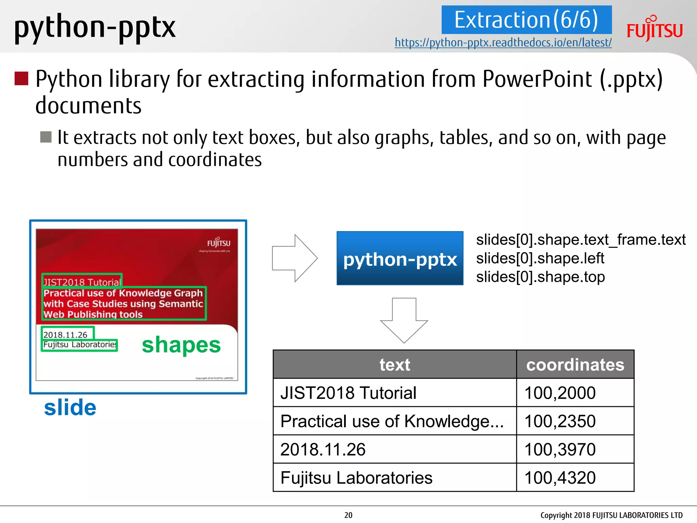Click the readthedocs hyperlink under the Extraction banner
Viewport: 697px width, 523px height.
503,43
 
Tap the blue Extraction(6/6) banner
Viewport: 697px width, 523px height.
526,20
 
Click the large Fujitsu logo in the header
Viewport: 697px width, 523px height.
654,29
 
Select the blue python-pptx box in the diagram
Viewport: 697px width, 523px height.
400,258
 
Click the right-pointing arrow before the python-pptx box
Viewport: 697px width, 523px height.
295,258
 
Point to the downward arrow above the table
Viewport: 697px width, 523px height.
404,320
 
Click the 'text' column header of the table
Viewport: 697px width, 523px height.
395,365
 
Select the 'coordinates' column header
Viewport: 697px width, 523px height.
575,365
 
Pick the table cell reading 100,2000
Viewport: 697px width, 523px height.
575,393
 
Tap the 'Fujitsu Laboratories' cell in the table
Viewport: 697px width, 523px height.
395,477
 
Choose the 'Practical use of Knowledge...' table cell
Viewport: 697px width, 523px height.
395,421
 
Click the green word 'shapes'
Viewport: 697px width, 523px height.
181,345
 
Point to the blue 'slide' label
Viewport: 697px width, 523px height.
70,408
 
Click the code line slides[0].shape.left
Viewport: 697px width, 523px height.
540,258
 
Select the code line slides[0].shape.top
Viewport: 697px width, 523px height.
540,277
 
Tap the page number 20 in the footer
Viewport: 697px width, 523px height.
348,515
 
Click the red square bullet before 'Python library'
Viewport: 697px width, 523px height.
21,78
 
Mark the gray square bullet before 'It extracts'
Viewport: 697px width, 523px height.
46,137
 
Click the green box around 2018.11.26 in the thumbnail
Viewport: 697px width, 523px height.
67,333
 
